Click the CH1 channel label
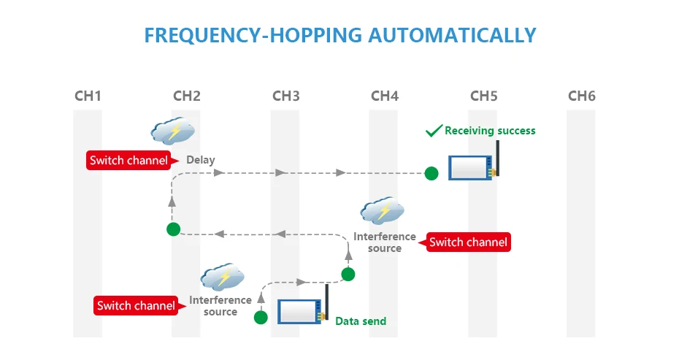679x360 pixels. click(x=88, y=96)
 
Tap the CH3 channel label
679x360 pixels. click(x=285, y=96)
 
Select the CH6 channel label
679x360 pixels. click(x=581, y=96)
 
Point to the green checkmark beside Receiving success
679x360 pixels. click(x=434, y=131)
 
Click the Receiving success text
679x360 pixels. click(x=490, y=131)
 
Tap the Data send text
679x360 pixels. click(x=361, y=321)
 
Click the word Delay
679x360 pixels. click(x=200, y=160)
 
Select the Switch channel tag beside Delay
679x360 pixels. click(x=128, y=160)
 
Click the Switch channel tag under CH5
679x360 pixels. click(x=468, y=242)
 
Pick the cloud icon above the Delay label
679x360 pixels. click(x=173, y=131)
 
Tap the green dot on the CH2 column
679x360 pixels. click(x=173, y=229)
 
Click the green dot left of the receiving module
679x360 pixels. click(x=431, y=173)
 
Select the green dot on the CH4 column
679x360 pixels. click(x=348, y=274)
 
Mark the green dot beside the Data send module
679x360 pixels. click(x=261, y=317)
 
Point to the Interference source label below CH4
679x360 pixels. click(x=385, y=242)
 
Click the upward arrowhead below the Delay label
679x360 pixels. click(x=173, y=206)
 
